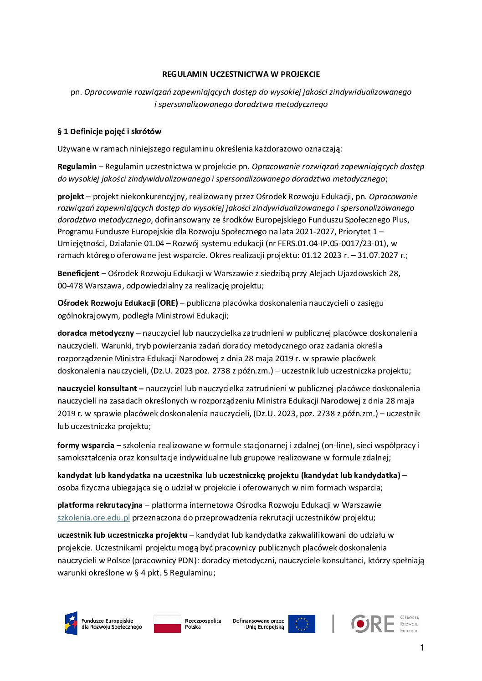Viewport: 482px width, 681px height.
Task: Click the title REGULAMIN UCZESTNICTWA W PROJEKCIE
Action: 241,74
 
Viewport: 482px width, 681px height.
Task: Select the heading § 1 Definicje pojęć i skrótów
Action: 109,131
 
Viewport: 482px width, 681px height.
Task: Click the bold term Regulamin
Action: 77,166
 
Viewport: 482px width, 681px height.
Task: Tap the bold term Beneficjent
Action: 78,273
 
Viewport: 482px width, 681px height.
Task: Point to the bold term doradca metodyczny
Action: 96,333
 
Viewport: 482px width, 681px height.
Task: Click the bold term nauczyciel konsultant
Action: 100,388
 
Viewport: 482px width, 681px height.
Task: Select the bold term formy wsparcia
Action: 86,445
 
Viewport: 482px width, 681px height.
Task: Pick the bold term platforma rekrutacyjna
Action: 100,505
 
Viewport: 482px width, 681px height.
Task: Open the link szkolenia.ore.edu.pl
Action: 94,518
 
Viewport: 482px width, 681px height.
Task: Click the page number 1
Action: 422,648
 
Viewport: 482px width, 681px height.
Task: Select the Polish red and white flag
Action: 167,624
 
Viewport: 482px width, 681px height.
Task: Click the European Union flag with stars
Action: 302,624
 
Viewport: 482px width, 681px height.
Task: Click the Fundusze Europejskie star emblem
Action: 71,623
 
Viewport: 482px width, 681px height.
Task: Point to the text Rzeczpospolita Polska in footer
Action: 203,624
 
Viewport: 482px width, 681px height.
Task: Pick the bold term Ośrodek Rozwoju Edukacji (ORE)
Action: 118,303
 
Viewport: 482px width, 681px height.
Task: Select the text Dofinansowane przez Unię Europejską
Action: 258,624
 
